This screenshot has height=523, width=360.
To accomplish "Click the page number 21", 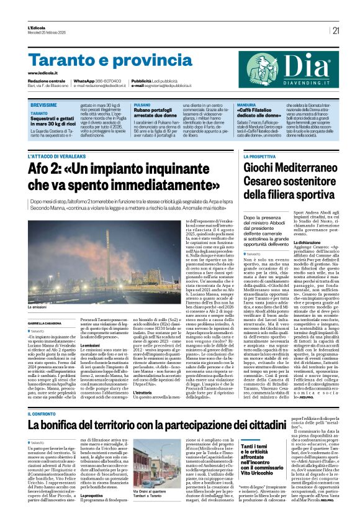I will coord(336,30).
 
